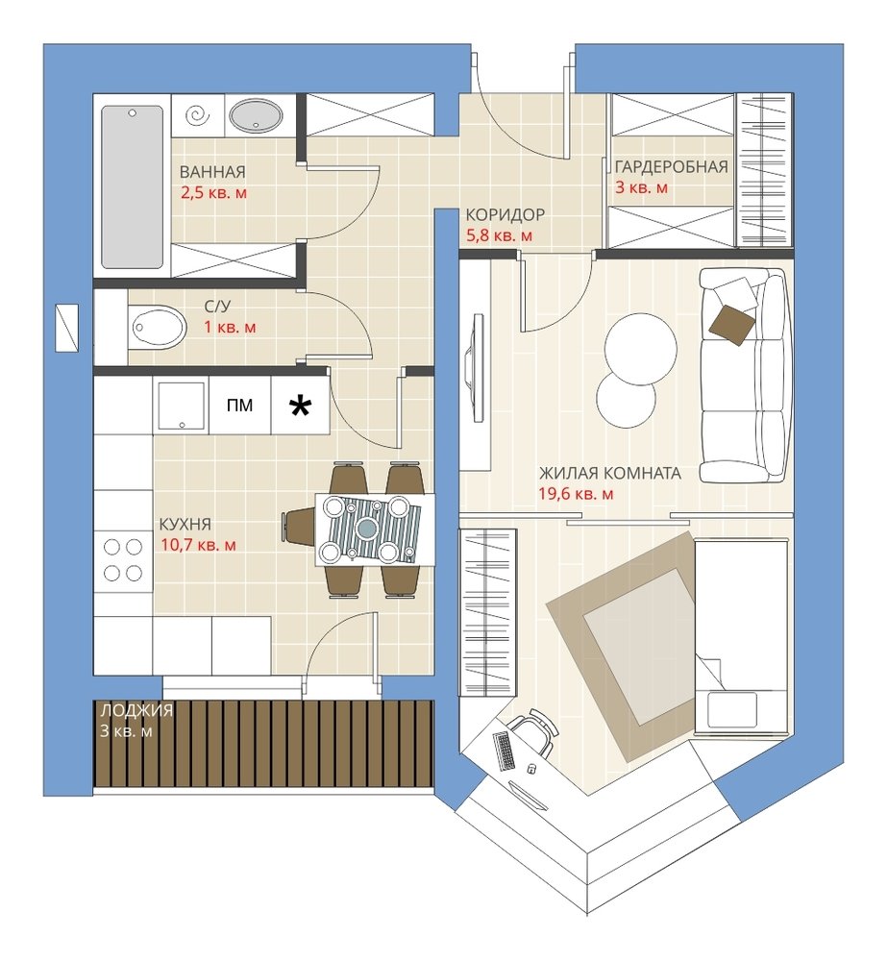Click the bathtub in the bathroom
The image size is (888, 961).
click(x=132, y=187)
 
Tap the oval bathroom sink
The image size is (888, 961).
click(x=257, y=116)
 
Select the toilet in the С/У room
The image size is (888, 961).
click(x=159, y=328)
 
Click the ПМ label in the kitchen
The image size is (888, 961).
click(x=239, y=406)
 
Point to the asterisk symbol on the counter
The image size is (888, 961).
click(x=300, y=406)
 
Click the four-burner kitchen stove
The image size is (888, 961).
click(x=123, y=559)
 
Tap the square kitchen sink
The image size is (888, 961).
click(x=182, y=406)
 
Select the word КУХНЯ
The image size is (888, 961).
click(x=185, y=524)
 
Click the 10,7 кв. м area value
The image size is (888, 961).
click(x=199, y=544)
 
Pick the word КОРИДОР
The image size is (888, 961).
click(x=505, y=214)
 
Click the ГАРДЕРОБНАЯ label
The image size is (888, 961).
click(x=671, y=166)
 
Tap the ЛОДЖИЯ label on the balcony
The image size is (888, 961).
click(x=136, y=710)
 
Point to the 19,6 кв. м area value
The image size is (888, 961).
click(x=576, y=493)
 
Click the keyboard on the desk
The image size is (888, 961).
click(x=505, y=751)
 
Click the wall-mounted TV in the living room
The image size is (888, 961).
click(x=476, y=367)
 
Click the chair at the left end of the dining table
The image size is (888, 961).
click(x=299, y=527)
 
